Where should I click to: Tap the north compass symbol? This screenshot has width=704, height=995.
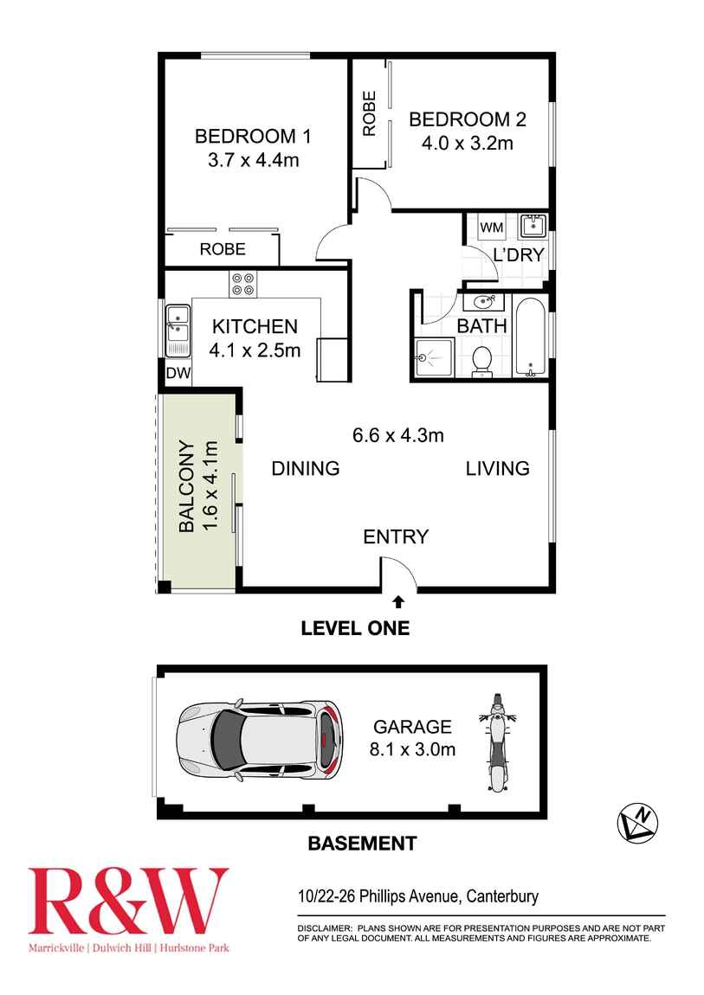637,823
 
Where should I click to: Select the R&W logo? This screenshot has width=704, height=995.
128,901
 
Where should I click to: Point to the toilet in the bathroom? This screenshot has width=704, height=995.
482,361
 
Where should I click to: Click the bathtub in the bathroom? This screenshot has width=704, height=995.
530,336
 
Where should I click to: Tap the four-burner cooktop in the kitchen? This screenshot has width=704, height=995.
242,284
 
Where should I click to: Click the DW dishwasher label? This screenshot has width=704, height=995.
178,373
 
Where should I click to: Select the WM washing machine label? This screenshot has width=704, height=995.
491,228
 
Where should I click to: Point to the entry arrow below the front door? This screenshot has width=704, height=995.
398,601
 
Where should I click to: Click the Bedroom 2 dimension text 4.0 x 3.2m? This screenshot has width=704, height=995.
468,143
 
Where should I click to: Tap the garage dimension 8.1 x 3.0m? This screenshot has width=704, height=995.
413,749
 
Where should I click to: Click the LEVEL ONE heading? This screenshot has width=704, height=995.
355,628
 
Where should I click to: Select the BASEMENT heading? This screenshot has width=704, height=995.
362,844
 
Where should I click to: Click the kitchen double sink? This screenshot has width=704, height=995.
178,331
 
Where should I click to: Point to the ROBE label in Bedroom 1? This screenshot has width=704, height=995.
223,249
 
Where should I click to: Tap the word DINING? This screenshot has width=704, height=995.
306,468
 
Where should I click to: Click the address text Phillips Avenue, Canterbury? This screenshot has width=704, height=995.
449,896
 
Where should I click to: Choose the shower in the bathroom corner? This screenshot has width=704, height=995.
435,358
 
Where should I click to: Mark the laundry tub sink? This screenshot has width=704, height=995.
533,225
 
